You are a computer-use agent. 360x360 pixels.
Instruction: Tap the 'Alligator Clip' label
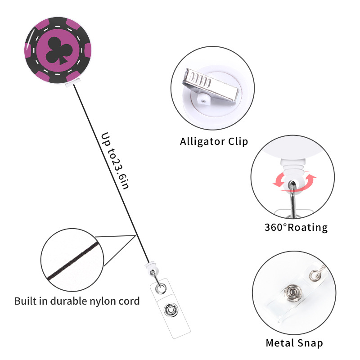coord(214,142)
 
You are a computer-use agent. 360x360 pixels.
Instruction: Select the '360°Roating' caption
coord(296,227)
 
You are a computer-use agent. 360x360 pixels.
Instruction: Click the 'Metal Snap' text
coord(294,343)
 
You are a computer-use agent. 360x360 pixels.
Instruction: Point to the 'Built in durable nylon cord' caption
coord(77,301)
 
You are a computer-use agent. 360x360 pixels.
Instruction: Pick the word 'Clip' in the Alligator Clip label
coord(238,142)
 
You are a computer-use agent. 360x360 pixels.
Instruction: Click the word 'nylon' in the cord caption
coord(107,301)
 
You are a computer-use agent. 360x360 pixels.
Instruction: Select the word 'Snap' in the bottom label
coord(310,343)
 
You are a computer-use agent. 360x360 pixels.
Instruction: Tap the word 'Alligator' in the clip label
coord(202,142)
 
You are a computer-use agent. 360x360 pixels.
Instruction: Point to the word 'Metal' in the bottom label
coord(279,343)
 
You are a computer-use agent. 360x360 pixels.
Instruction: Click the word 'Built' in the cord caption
coord(24,301)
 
